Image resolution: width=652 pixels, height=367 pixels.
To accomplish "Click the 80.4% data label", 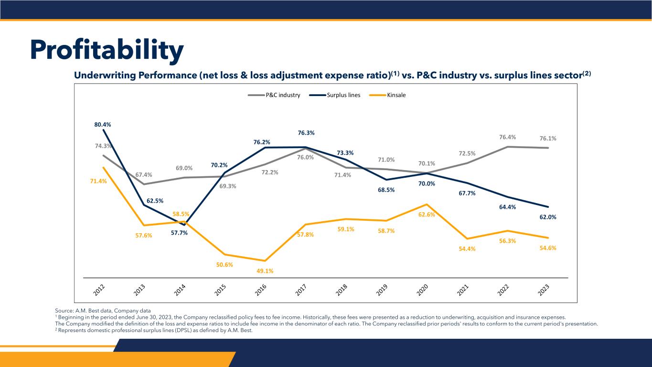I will (103, 125).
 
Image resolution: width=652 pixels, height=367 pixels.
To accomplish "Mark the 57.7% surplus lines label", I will (179, 233).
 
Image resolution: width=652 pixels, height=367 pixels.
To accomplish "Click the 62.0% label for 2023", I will (548, 217).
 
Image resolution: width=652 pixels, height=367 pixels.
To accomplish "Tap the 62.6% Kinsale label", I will (427, 215).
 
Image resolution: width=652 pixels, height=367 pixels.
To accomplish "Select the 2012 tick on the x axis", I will (99, 290).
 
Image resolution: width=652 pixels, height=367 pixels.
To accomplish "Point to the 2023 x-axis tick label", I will (544, 290).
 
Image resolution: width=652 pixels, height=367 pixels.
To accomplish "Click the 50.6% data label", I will (224, 264).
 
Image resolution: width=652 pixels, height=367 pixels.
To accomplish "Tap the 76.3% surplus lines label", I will (306, 133).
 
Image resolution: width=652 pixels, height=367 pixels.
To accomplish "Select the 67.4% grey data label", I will (144, 175).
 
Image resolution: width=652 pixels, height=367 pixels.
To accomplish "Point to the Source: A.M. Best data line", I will (103, 311).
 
